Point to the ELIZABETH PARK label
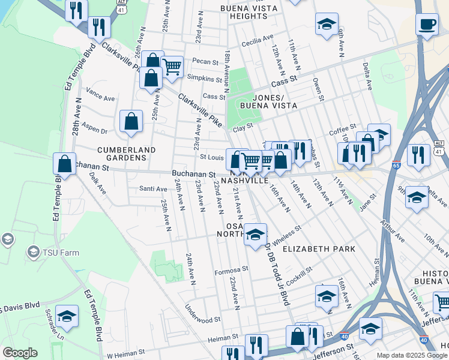[319, 248]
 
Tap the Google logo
[20, 353]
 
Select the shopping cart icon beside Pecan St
[172, 66]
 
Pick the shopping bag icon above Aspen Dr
[131, 122]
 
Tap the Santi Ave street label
[153, 189]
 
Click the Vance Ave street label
[100, 94]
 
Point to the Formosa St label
[231, 270]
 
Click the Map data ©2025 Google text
[412, 355]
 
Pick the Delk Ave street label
[97, 182]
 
